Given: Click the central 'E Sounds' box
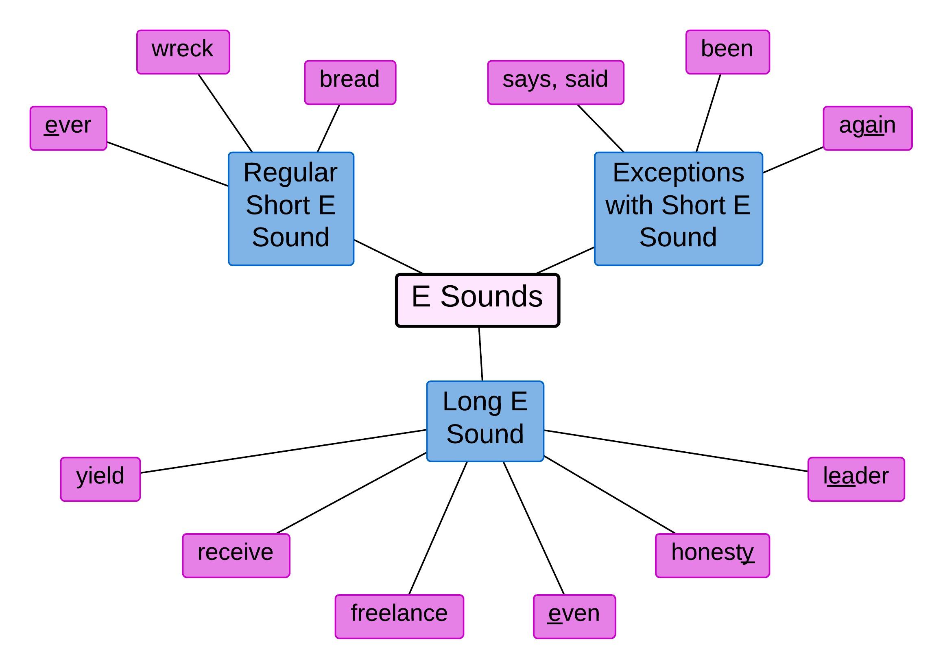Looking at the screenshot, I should point(477,300).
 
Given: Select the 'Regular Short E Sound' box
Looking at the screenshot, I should point(291,208).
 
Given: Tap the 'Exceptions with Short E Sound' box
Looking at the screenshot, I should point(678,208).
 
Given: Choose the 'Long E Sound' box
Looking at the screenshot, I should point(485,421).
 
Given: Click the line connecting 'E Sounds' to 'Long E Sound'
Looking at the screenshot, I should point(480,354).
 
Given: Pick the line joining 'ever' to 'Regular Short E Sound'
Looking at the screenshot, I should point(168,164).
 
